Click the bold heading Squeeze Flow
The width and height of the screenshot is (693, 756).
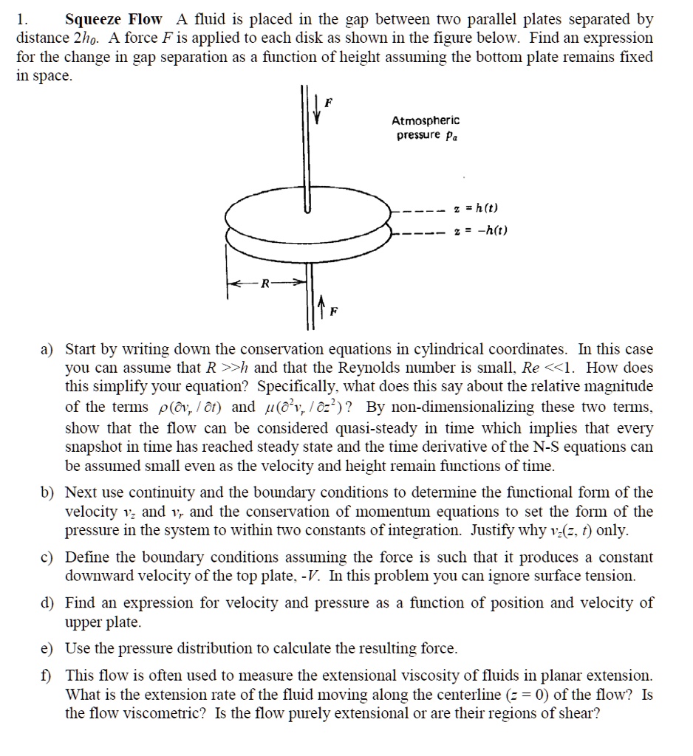(x=113, y=19)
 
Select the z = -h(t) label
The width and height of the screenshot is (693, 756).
(x=482, y=230)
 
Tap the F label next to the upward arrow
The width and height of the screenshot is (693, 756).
(x=332, y=312)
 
